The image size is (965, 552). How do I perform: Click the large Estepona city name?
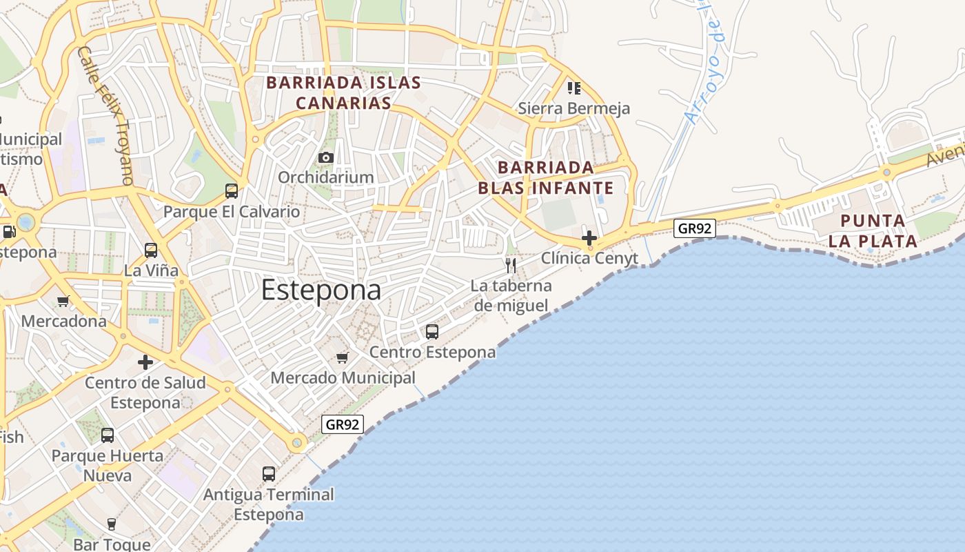click(x=321, y=290)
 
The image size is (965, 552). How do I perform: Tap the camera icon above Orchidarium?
click(x=326, y=158)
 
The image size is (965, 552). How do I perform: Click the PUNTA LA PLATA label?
click(x=873, y=231)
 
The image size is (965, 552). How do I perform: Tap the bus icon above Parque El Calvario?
click(x=232, y=191)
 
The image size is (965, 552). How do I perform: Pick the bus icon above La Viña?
click(x=151, y=250)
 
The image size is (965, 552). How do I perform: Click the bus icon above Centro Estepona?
click(x=432, y=332)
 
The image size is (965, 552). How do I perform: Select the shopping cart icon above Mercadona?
click(x=63, y=301)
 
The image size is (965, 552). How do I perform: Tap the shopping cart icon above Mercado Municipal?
click(x=343, y=357)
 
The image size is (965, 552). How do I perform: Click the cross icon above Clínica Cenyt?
click(x=589, y=238)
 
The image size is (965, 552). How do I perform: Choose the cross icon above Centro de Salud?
click(x=145, y=362)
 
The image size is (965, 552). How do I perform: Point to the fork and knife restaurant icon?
click(x=511, y=266)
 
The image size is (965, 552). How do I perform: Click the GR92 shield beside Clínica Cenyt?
click(x=694, y=228)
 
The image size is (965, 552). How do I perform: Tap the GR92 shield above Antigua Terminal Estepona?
click(x=343, y=424)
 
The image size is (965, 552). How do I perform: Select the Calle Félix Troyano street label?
click(x=106, y=115)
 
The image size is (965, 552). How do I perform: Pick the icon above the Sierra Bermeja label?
click(x=573, y=88)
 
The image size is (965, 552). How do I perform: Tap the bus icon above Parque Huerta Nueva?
click(x=108, y=435)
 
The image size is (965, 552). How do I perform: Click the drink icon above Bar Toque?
click(x=111, y=524)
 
